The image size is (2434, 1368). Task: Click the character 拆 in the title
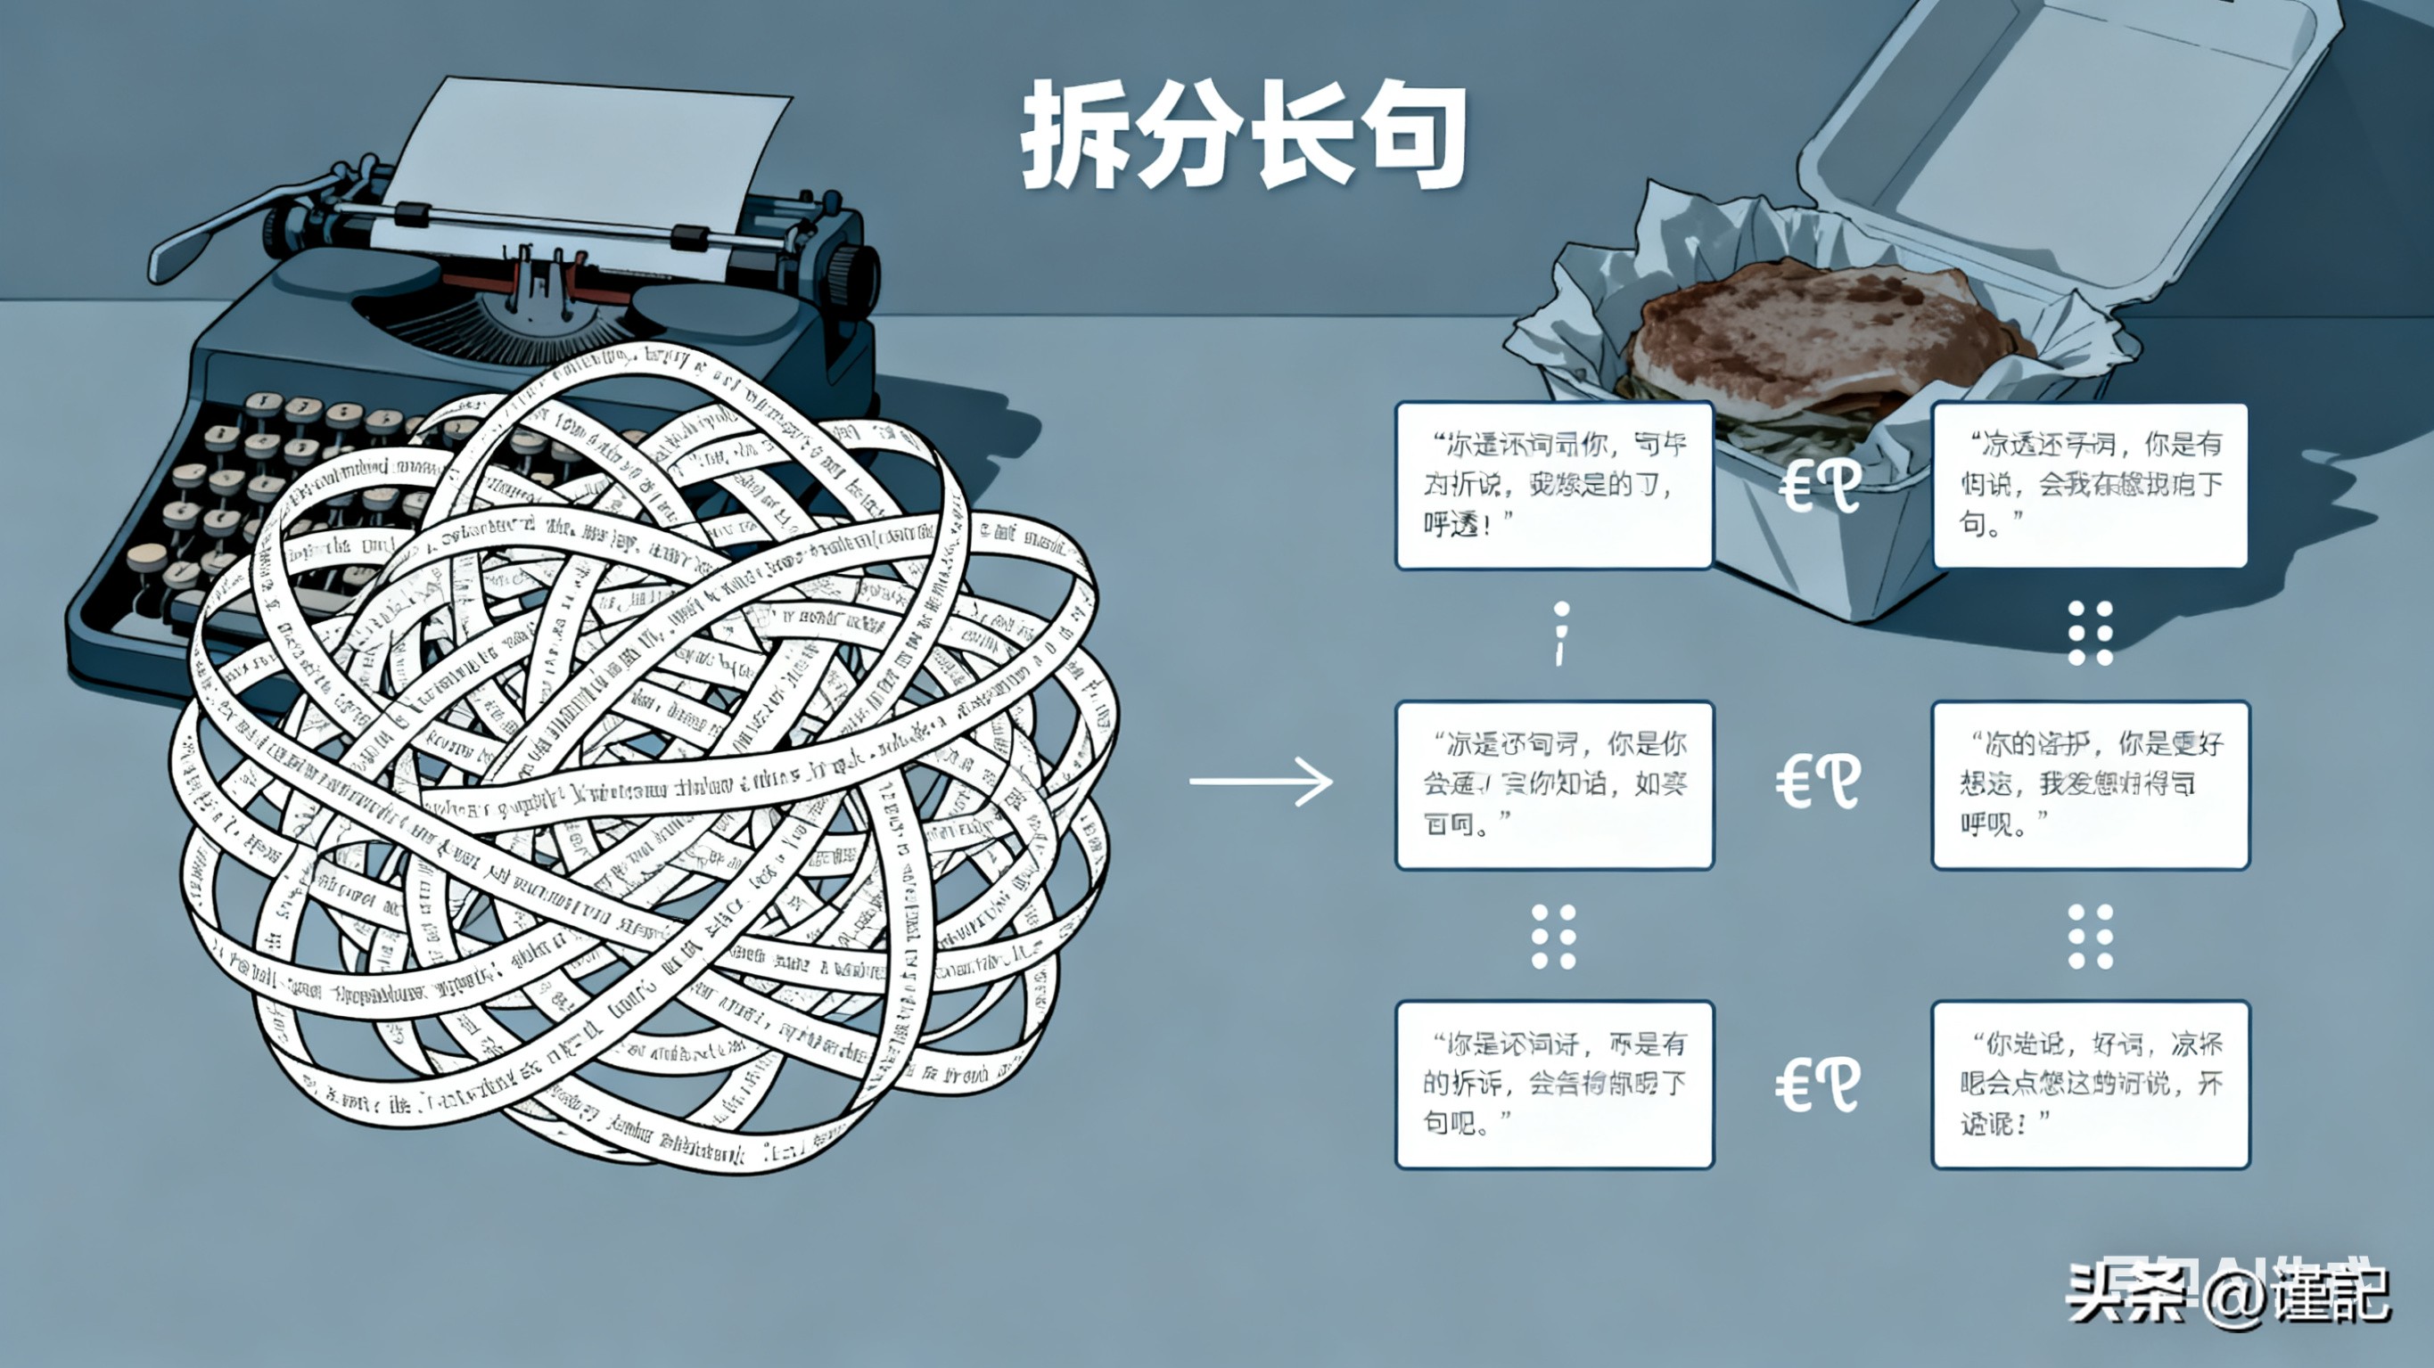(1077, 135)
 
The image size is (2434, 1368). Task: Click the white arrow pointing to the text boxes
(1261, 782)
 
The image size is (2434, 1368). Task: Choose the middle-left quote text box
(1554, 785)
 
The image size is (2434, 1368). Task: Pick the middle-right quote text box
(2090, 785)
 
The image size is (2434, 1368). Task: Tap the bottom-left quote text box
(1554, 1085)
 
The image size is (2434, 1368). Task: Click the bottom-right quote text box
(2090, 1085)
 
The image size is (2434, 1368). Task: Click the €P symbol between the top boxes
(1820, 487)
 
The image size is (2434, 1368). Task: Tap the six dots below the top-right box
(2090, 633)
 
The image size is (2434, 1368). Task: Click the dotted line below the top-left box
(1561, 633)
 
